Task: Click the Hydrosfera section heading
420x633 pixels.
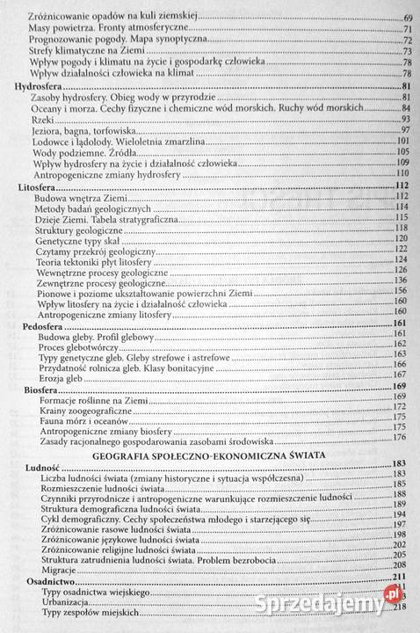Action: click(40, 85)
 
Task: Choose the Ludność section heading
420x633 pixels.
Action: click(36, 463)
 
